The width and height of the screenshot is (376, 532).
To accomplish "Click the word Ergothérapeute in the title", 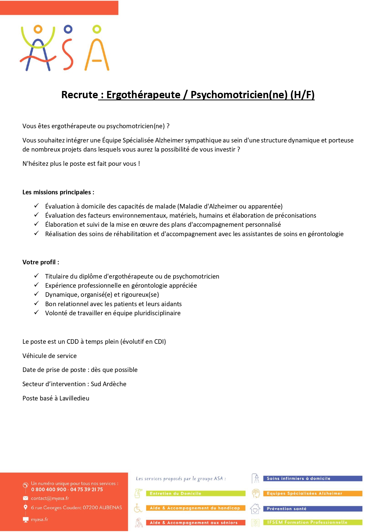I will [143, 95].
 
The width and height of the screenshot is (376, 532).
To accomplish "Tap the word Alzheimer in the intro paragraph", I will [169, 140].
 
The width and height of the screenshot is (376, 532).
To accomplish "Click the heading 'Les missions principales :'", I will [58, 192].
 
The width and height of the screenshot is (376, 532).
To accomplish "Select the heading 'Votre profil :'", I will [41, 262].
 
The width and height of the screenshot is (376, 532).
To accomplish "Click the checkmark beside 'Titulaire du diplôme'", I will [36, 276].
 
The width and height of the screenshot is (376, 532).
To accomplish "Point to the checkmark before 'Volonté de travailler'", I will [36, 313].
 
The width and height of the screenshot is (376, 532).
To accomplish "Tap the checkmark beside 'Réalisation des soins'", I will [36, 233].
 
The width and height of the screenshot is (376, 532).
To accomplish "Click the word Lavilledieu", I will [74, 398].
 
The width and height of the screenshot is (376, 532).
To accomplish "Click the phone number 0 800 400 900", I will [48, 489].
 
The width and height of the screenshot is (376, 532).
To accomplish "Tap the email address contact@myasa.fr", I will [50, 498].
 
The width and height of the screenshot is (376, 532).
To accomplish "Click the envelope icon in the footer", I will [25, 498].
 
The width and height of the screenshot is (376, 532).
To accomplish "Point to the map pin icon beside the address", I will [25, 507].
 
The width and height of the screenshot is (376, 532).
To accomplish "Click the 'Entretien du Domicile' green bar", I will [195, 494].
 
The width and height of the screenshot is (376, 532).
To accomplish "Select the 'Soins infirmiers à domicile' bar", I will [312, 478].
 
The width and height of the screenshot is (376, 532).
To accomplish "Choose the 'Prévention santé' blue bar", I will [312, 509].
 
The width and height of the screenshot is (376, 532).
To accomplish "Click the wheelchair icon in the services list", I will [138, 508].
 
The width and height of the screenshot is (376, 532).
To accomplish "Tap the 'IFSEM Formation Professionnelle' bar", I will [312, 522].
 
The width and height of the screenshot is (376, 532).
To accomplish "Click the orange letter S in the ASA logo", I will [68, 54].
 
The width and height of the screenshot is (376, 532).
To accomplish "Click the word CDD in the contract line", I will [73, 342].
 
